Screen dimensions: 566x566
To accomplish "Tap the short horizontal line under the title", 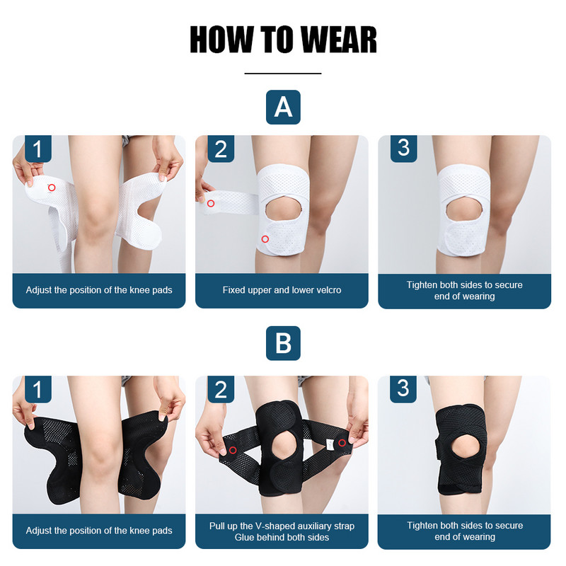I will click(x=283, y=73).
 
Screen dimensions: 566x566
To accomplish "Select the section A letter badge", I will click(x=283, y=108).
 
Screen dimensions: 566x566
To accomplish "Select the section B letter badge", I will click(x=283, y=344).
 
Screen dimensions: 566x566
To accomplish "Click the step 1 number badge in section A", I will click(x=38, y=149).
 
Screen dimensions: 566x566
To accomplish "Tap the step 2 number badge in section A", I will click(x=221, y=149).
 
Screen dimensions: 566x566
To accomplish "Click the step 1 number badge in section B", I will click(x=38, y=389).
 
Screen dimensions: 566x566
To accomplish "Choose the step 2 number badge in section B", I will click(x=221, y=389).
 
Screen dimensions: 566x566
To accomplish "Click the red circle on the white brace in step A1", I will click(x=52, y=187).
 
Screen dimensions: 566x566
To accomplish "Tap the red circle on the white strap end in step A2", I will click(x=211, y=204).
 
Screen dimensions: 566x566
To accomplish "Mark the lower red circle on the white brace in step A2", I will click(x=265, y=239).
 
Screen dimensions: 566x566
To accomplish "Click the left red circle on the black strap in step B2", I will click(x=232, y=450).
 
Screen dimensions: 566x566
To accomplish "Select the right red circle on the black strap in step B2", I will click(x=342, y=443).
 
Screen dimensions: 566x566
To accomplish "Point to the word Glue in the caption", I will click(x=245, y=537).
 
